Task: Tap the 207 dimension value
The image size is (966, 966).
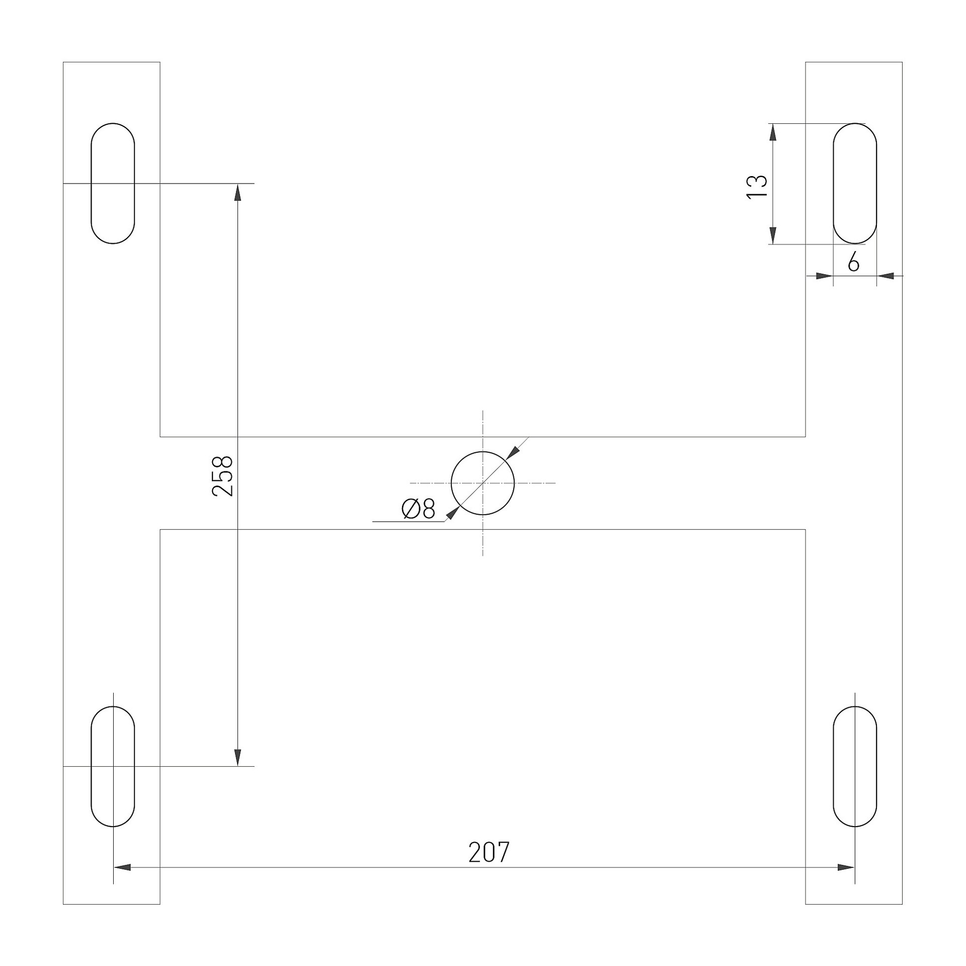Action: tap(489, 852)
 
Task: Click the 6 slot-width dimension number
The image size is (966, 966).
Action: tap(853, 262)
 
